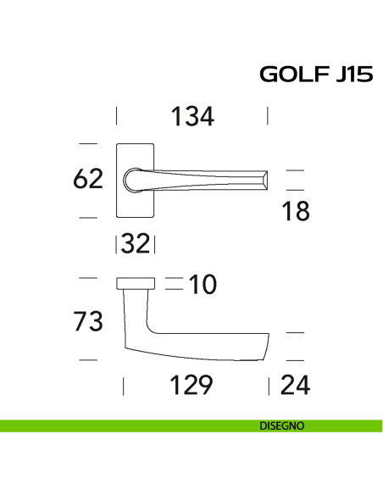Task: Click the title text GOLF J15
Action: click(x=315, y=76)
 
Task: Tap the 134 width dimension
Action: click(x=192, y=116)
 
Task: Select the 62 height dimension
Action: click(x=88, y=179)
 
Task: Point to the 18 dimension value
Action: click(x=296, y=212)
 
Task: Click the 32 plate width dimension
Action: click(x=136, y=244)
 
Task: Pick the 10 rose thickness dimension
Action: click(x=203, y=285)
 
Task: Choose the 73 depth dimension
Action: click(x=88, y=321)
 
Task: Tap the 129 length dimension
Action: click(x=191, y=386)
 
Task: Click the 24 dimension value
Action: click(x=295, y=386)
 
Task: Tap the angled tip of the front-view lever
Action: click(x=266, y=180)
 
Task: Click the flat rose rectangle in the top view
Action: click(x=136, y=282)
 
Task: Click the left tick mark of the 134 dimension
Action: click(x=117, y=116)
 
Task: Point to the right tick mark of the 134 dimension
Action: click(x=268, y=116)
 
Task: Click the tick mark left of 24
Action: click(x=269, y=387)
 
